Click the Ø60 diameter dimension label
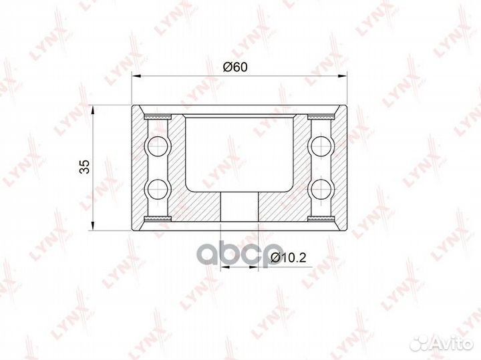click(235, 67)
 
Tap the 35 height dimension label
click(84, 167)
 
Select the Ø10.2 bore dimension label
click(289, 258)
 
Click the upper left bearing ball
click(158, 146)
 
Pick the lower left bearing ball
click(158, 188)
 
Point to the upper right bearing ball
click(321, 146)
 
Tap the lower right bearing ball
click(321, 188)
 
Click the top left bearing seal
click(158, 117)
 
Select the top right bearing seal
click(321, 117)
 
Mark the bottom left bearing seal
click(158, 218)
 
